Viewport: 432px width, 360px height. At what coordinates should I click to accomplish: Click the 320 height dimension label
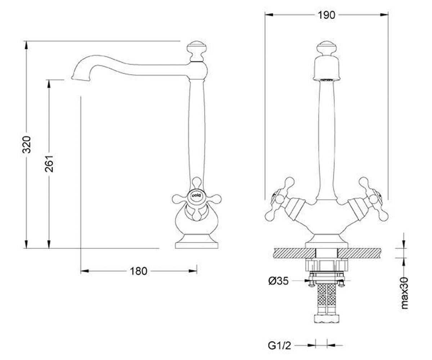coord(27,144)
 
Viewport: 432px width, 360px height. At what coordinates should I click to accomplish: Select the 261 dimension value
coord(49,164)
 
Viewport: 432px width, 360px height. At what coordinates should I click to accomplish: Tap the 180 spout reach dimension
coord(138,271)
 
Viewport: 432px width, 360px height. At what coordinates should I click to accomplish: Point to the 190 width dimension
coord(326,15)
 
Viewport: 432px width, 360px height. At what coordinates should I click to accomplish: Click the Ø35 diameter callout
coord(278,281)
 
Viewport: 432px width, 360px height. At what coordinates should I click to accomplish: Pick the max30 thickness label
coord(405,293)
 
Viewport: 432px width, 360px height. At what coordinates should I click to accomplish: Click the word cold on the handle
coord(196,195)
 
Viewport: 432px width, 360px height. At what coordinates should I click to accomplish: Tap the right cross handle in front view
coord(373,199)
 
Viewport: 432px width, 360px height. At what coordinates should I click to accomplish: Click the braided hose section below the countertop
coord(327,298)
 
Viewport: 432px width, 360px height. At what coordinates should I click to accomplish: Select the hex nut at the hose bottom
coord(327,319)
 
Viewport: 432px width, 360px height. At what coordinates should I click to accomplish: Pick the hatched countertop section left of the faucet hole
coord(294,253)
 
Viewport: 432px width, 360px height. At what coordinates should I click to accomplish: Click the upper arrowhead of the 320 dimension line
coord(26,45)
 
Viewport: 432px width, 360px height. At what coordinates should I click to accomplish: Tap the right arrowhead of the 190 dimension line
coord(384,15)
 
